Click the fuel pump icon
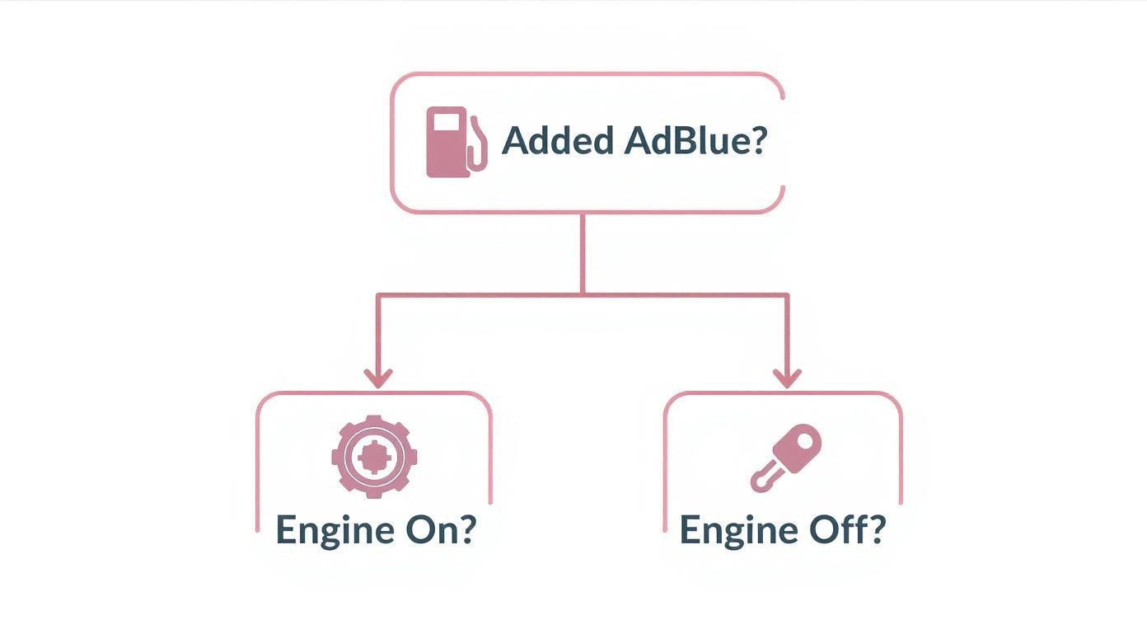pos(452,142)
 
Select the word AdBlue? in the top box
pos(695,142)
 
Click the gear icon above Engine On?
pos(375,456)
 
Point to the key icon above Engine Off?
pos(787,458)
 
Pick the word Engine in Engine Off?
pos(736,531)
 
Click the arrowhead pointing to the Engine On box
pos(378,378)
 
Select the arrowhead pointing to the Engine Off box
pos(787,378)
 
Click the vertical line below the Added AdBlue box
pos(583,251)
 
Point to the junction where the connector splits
pos(583,294)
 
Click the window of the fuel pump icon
pos(446,124)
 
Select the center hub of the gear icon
pos(375,456)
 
